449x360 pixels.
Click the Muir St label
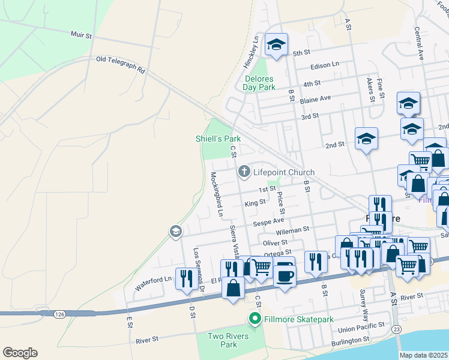(x=81, y=35)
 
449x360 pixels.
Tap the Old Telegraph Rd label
(x=121, y=64)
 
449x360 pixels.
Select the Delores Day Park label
(x=259, y=83)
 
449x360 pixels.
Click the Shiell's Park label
(x=217, y=139)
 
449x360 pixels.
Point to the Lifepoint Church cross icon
(x=244, y=172)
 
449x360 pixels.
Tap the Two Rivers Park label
(x=228, y=340)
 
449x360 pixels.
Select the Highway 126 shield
(x=59, y=313)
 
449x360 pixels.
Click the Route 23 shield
(x=397, y=329)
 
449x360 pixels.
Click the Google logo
(x=20, y=353)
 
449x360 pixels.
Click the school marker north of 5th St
(x=277, y=44)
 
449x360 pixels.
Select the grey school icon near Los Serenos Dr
(x=175, y=231)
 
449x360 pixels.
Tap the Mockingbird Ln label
(x=216, y=194)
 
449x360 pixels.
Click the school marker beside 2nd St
(x=366, y=139)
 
